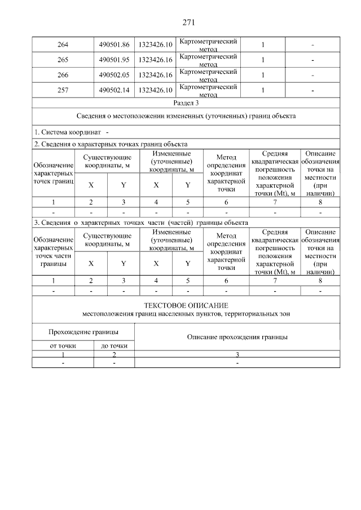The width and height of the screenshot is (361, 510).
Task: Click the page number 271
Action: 188,23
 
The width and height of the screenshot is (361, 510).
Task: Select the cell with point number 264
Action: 63,45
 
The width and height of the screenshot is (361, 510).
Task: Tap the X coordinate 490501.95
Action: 113,59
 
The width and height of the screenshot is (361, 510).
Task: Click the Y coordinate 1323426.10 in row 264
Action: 155,45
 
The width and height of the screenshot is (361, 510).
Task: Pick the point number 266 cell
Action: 63,74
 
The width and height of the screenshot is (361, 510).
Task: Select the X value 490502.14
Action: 113,89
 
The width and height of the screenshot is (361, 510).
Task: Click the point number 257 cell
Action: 63,89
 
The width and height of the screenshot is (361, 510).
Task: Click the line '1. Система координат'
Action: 68,132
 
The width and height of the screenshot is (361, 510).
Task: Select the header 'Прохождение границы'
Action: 83,331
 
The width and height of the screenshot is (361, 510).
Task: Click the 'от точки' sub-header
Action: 63,345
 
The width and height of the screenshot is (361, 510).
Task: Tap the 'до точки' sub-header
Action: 114,345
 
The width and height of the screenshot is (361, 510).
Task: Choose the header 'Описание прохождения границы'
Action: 237,337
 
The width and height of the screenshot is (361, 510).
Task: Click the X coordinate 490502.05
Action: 113,74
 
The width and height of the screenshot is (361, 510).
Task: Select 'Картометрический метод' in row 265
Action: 208,59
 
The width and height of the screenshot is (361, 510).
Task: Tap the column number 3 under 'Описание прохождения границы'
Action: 237,354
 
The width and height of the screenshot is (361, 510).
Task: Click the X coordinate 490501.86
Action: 113,45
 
